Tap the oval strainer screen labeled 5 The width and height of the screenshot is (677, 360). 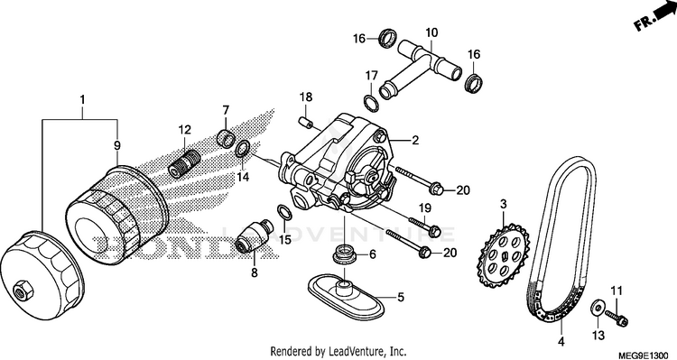click(346, 295)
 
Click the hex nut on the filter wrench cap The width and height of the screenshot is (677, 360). click(23, 291)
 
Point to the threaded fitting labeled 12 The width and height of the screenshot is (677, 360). click(183, 164)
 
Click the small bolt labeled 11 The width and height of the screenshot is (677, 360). click(617, 318)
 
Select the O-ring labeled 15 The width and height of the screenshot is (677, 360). click(283, 212)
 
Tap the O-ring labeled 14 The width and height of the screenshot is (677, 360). click(242, 148)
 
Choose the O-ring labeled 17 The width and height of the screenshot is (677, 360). click(372, 102)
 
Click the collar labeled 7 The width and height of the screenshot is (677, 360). click(227, 137)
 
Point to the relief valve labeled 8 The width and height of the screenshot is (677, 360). click(255, 236)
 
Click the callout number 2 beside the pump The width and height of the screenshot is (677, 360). click(415, 140)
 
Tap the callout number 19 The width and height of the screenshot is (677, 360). click(424, 208)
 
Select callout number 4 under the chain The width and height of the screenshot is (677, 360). click(561, 342)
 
